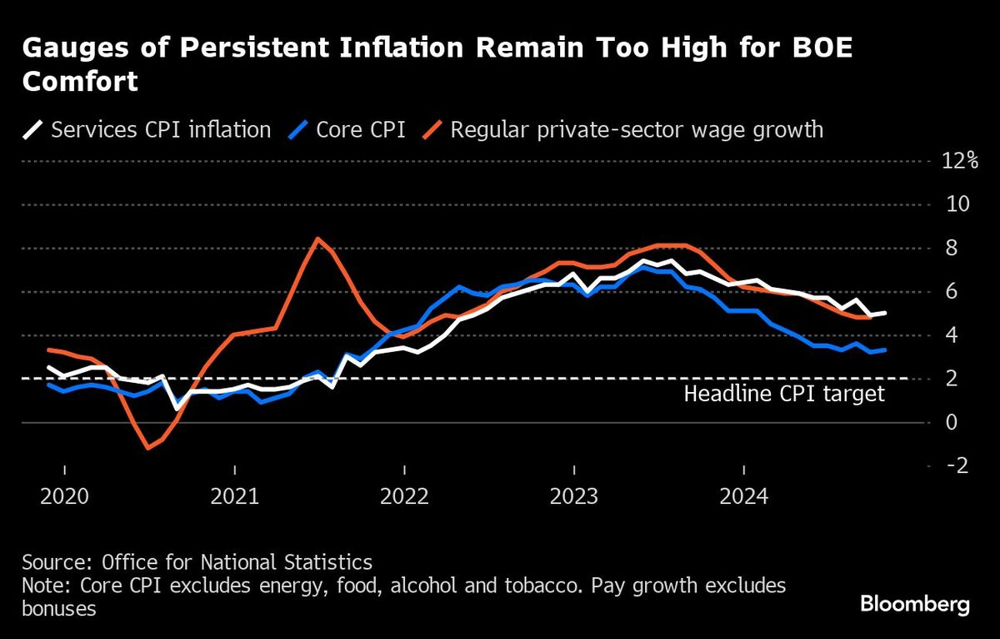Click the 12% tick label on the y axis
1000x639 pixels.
click(x=960, y=161)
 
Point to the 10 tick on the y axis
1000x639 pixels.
click(x=953, y=204)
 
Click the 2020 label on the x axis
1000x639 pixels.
click(x=64, y=496)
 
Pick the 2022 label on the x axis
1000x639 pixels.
click(x=404, y=496)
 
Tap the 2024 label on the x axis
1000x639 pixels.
click(x=743, y=496)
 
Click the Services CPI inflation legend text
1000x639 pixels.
click(x=161, y=130)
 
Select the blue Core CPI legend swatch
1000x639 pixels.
click(x=302, y=130)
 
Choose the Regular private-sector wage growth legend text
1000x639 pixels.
click(x=637, y=130)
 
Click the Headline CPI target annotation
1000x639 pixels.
click(x=784, y=394)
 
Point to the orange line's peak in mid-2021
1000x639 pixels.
click(x=317, y=239)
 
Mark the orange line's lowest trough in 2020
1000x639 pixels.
click(x=148, y=448)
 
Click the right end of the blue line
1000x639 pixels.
click(x=885, y=350)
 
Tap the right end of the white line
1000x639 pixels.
click(x=885, y=313)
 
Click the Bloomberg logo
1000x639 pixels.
click(x=915, y=604)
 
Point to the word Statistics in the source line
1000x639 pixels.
click(x=331, y=561)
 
